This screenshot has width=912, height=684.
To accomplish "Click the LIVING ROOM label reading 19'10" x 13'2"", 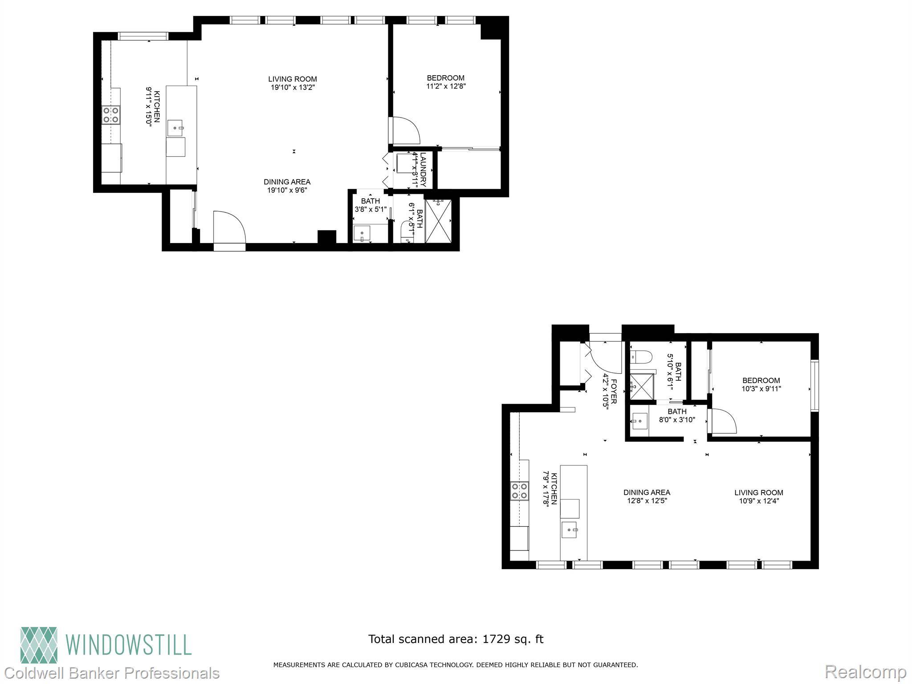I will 293,83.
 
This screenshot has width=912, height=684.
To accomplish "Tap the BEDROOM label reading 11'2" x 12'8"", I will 445,82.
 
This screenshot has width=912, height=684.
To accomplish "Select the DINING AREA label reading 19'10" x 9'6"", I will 287,186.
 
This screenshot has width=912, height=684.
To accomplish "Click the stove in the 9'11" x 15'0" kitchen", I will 111,114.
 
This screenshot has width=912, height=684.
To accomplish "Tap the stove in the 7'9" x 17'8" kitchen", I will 520,491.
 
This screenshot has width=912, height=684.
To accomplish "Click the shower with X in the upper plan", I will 439,221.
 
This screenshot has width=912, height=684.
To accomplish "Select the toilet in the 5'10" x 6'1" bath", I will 641,356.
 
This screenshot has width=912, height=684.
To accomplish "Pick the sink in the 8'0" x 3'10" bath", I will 640,421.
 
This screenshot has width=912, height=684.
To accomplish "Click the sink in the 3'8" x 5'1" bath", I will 362,233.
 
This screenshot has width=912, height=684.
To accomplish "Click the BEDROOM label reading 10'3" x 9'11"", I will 761,384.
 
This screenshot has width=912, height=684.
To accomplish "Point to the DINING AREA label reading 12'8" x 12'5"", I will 647,496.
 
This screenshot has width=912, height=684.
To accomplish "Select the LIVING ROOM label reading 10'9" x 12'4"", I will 758,496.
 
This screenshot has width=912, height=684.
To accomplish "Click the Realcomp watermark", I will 866,672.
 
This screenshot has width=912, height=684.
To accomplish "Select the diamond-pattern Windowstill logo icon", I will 39,645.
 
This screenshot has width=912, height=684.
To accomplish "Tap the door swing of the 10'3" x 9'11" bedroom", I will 722,421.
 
